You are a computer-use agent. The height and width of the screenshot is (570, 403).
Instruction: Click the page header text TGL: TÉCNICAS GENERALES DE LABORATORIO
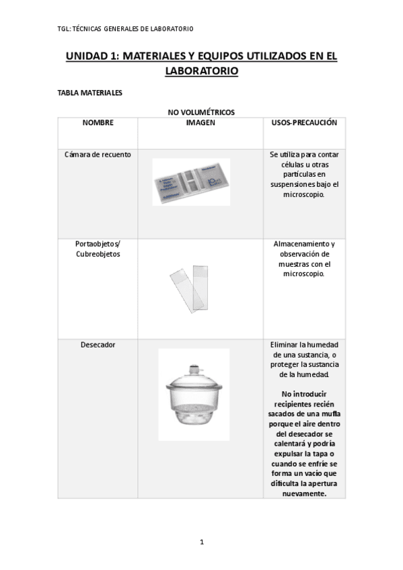(126, 28)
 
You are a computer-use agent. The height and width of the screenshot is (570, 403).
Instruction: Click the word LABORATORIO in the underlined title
(201, 71)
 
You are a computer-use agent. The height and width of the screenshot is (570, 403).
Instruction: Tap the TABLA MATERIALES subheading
(90, 93)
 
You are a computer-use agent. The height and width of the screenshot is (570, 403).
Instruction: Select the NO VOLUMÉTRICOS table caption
(201, 112)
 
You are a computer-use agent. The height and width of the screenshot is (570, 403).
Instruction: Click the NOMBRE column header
(98, 123)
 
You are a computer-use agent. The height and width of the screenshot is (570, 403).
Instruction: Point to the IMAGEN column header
(200, 123)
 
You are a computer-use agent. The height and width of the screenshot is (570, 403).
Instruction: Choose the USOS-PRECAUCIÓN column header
(303, 123)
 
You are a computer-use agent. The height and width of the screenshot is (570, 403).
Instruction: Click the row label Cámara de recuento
(98, 155)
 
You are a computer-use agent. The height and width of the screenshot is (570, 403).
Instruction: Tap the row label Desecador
(98, 345)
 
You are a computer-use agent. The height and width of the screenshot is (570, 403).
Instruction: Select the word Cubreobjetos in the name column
(98, 255)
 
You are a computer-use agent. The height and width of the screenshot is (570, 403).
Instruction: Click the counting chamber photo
(191, 181)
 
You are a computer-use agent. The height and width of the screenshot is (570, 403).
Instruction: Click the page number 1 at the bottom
(201, 542)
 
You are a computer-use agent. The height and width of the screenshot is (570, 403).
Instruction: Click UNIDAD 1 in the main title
(91, 57)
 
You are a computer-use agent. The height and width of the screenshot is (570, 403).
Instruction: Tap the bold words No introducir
(304, 393)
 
